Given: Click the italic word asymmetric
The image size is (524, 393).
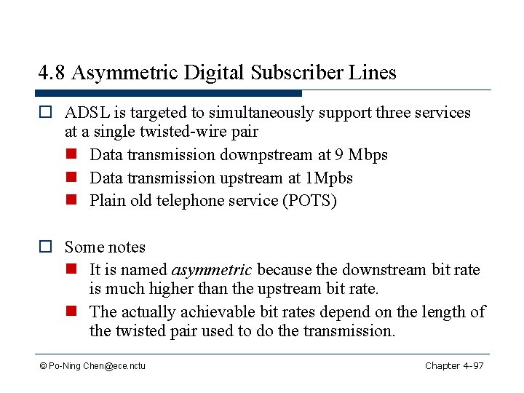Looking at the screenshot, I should coord(211,270).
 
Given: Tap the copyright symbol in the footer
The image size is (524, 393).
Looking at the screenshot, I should coord(44,366).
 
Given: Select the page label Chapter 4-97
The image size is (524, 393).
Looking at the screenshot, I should coord(454,365).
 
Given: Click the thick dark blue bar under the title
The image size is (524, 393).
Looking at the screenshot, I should coord(168,93).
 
